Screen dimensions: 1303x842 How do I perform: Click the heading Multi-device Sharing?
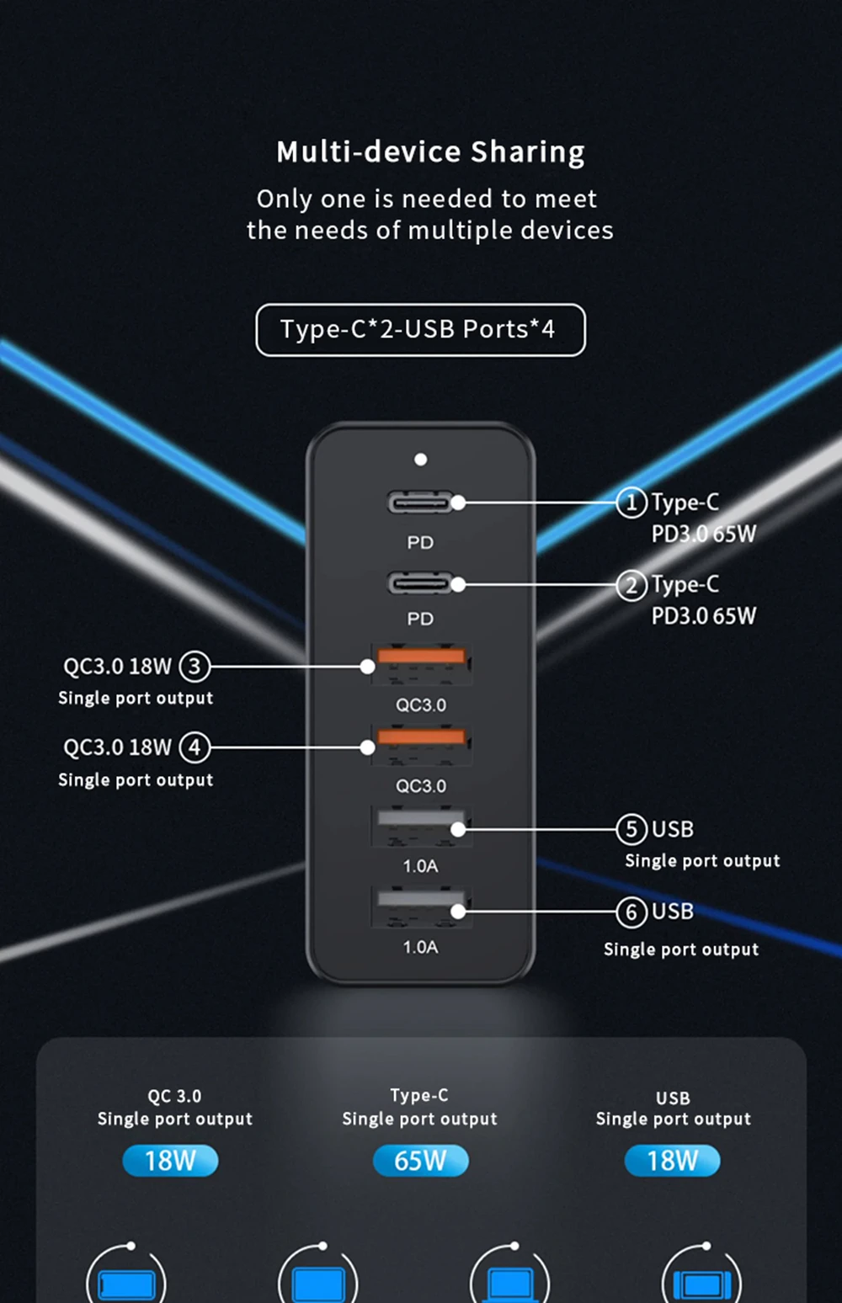(430, 152)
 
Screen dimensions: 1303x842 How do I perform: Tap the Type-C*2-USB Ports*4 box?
(420, 329)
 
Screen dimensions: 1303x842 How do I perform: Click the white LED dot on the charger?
(420, 460)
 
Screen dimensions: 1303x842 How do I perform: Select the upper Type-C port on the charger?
(418, 503)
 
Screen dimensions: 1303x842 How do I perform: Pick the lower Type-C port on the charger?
(418, 583)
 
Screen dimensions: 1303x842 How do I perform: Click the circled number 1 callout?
(631, 503)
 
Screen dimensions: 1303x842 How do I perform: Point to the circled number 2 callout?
(631, 585)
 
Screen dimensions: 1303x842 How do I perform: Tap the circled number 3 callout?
(195, 667)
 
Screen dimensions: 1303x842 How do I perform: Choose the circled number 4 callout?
(195, 747)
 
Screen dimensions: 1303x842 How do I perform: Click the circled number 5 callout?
(631, 829)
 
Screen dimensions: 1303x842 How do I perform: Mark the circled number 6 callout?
(631, 912)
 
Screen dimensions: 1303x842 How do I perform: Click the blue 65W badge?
(420, 1161)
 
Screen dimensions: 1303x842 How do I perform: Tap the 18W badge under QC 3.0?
(170, 1161)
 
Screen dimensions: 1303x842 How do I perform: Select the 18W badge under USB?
(672, 1161)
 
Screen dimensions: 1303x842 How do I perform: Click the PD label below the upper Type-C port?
(420, 543)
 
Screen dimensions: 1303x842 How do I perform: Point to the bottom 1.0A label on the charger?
(420, 947)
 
